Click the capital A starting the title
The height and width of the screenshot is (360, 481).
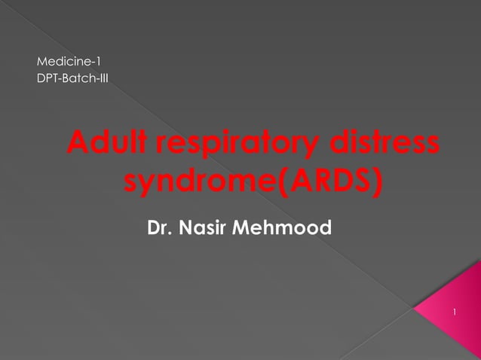(78, 143)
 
